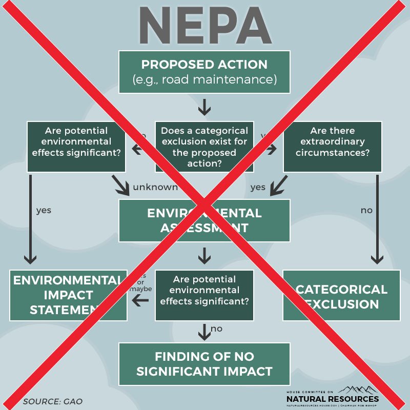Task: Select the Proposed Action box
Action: coord(204,72)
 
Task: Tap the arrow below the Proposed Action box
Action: coord(204,107)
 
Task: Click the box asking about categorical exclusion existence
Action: coord(204,146)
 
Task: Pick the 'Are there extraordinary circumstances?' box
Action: coord(333,146)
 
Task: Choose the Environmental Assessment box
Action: coord(204,220)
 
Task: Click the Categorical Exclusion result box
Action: coord(341,296)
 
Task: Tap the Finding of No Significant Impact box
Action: coord(204,364)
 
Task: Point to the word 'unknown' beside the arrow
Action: coord(155,187)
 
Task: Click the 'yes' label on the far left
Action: coord(44,210)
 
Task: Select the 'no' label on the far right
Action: coord(367,210)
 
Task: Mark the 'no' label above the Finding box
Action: coord(217,329)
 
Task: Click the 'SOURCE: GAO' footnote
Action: coord(53,401)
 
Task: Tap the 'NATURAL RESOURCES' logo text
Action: coord(333,398)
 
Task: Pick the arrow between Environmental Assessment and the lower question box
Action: coord(204,255)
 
